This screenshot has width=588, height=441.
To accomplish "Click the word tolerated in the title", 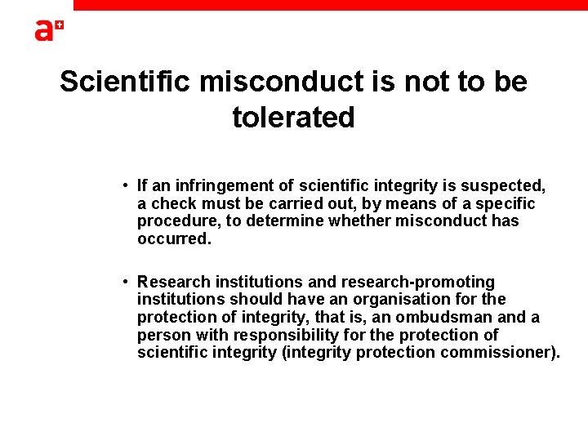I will point(293,118).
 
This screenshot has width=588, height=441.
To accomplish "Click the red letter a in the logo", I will point(43,30).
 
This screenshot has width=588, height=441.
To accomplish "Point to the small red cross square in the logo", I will point(59,27).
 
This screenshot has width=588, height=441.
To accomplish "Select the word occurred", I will point(174,239).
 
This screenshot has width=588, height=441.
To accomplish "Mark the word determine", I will point(281,221).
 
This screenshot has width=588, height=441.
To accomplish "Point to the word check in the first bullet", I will point(173,203).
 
